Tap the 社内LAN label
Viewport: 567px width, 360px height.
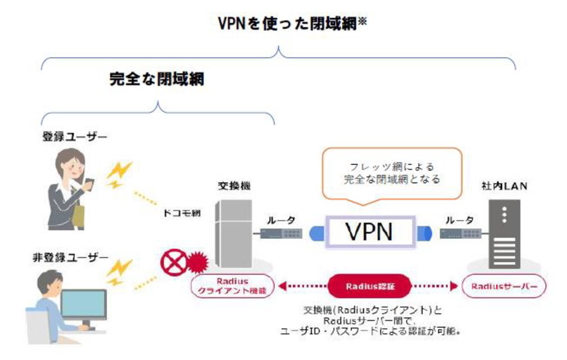coord(501,187)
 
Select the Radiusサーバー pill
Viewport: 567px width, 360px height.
coord(503,286)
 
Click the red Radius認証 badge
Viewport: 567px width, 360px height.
coord(369,286)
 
